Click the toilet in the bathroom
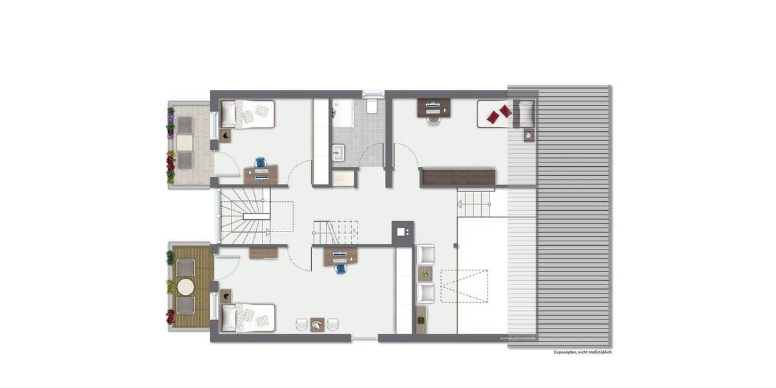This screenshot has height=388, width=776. (x=372, y=106)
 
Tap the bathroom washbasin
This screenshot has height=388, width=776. (x=339, y=153)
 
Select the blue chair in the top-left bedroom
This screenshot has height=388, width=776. (x=261, y=162)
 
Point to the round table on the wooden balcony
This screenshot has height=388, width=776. (x=186, y=286)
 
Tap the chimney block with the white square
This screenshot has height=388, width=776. (x=402, y=231)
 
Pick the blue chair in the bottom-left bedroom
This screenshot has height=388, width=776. (x=340, y=268)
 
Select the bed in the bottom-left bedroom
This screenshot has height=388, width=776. (x=248, y=318)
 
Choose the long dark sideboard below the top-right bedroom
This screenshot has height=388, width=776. (x=457, y=177)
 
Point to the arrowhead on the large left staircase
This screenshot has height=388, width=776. (x=268, y=230)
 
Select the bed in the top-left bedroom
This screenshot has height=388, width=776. (x=248, y=114)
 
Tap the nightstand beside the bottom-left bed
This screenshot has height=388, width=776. (x=226, y=296)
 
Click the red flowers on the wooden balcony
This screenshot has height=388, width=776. (x=171, y=316)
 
